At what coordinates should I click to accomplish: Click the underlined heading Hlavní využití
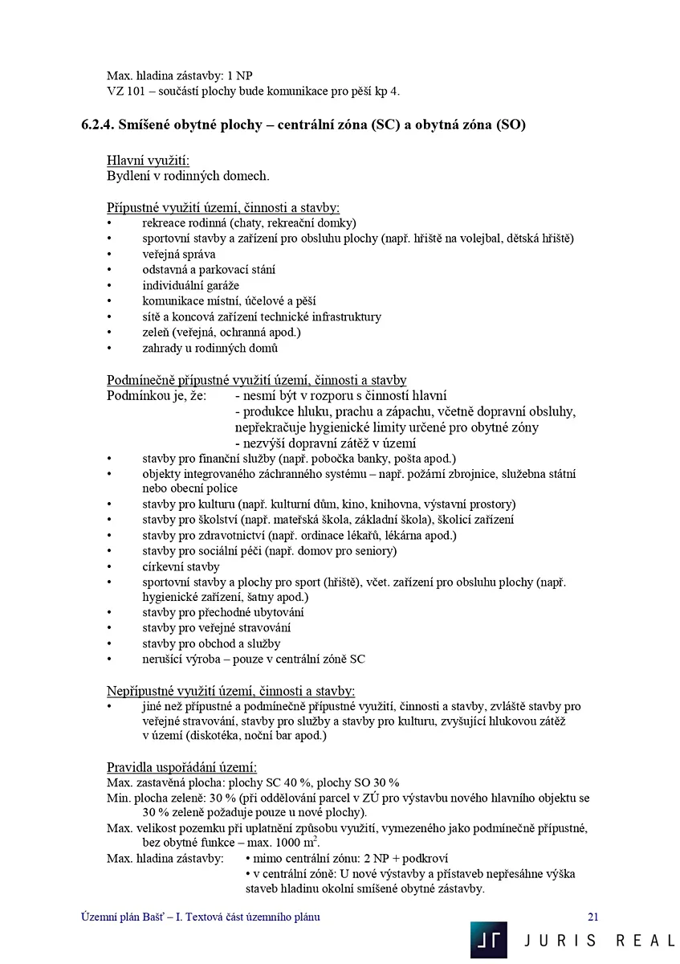148,161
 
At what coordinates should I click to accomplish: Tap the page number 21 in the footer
593,917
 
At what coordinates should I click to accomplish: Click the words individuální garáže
191,285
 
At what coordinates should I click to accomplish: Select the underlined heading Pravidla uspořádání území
182,767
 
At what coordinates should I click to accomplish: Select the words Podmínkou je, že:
157,395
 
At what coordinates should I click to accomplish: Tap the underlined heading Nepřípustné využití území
231,691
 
